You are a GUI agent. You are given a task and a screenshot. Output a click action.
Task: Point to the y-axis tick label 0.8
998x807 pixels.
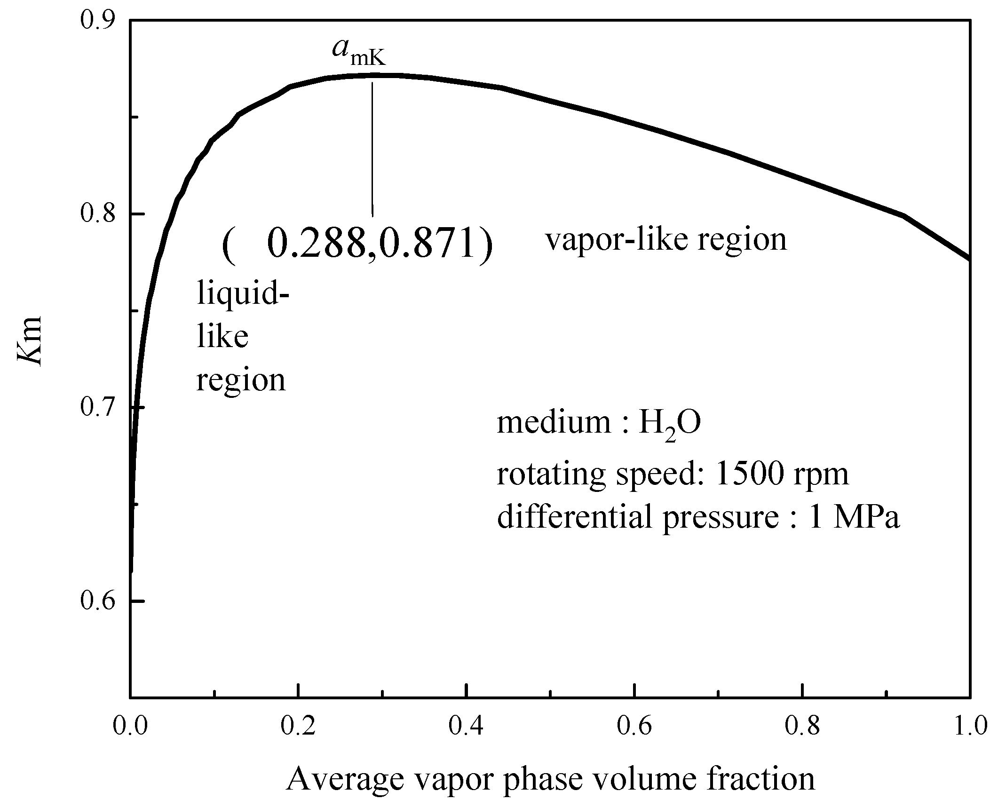(x=98, y=214)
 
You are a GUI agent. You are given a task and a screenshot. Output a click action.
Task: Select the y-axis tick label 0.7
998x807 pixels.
(x=98, y=407)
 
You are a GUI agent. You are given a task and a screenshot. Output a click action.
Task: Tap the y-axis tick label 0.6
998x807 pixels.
(x=98, y=601)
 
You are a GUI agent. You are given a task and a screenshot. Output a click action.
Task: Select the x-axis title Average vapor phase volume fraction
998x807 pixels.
(x=550, y=779)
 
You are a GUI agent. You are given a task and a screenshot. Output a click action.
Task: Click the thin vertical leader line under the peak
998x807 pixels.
(x=372, y=150)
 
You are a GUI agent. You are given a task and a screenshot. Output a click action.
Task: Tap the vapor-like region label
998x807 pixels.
(x=665, y=240)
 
